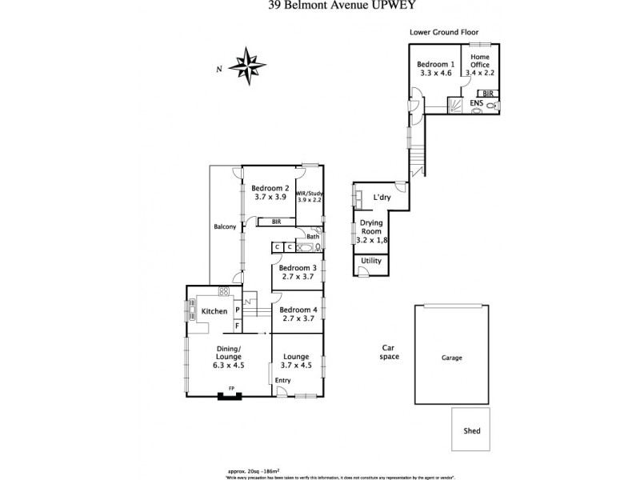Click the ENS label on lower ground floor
[476, 103]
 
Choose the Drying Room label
[370, 226]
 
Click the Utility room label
[371, 261]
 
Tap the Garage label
[451, 358]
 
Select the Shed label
[472, 431]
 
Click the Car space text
[390, 352]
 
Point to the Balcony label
[225, 227]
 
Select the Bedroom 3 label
[298, 268]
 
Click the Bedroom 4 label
[298, 310]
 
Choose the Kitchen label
[214, 311]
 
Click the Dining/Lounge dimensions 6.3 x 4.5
[229, 365]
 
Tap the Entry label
[283, 380]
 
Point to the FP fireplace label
[232, 389]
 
